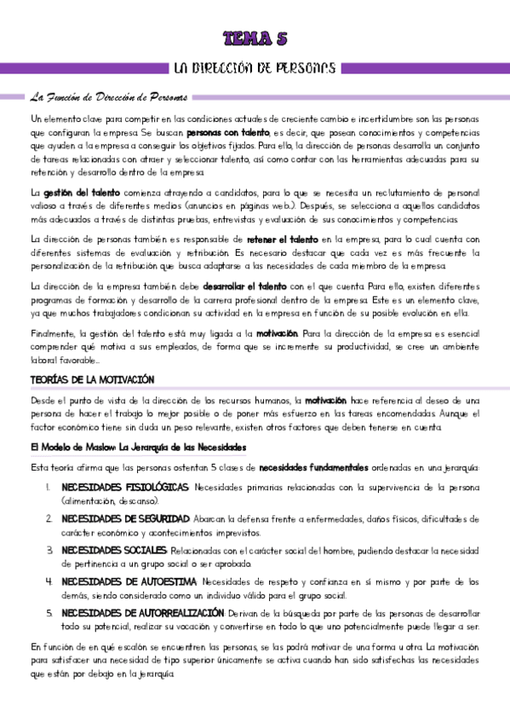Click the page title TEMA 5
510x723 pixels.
point(255,37)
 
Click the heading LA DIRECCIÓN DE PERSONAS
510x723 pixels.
point(255,67)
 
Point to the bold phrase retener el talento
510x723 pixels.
point(283,240)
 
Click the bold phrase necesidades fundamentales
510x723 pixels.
point(313,467)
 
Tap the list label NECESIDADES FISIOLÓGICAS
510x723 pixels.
point(125,488)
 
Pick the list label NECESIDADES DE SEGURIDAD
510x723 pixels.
point(125,518)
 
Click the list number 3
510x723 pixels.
point(50,550)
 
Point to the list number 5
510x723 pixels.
point(50,613)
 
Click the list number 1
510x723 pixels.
point(50,488)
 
